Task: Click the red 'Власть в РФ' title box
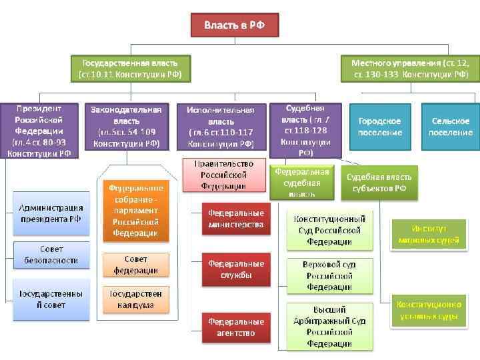click(234, 25)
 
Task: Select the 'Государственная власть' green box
click(130, 68)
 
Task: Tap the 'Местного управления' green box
click(410, 68)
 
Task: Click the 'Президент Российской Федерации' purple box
click(39, 131)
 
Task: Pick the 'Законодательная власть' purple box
click(127, 126)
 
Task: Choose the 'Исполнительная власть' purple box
click(220, 127)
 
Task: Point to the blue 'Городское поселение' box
click(379, 127)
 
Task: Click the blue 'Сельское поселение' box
click(451, 127)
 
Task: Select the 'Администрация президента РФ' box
click(51, 213)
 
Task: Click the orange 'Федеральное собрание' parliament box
click(135, 211)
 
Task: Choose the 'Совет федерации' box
click(135, 265)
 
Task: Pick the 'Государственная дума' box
click(135, 299)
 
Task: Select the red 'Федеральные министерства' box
click(236, 219)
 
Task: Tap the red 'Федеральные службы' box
click(236, 269)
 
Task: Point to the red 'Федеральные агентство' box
click(236, 327)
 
